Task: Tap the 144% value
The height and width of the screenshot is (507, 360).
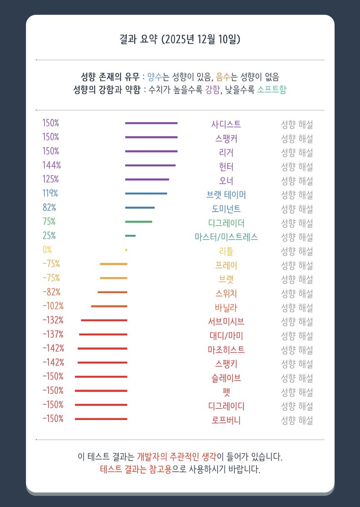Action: (51, 165)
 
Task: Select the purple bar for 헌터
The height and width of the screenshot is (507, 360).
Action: (150, 165)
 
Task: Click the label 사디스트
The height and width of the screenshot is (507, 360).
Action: (226, 124)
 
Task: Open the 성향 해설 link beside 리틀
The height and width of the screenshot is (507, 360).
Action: (297, 251)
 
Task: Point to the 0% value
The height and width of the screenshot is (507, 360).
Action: (47, 250)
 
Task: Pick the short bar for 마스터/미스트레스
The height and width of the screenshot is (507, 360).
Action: (130, 236)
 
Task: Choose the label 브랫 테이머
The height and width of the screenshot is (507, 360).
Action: (226, 195)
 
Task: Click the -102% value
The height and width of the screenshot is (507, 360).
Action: (53, 306)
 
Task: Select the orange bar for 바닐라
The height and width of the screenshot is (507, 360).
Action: (109, 306)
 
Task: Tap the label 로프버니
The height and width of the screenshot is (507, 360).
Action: (226, 420)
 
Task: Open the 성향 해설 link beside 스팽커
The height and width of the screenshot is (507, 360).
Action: (297, 138)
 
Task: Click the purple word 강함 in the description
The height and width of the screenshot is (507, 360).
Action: (213, 90)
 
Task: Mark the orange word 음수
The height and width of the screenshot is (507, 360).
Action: (223, 77)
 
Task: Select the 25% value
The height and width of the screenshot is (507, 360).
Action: (49, 236)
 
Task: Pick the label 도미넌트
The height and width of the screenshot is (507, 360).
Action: (226, 209)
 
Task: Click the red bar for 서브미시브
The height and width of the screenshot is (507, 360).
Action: (104, 320)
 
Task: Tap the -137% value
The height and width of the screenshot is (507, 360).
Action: (53, 334)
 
